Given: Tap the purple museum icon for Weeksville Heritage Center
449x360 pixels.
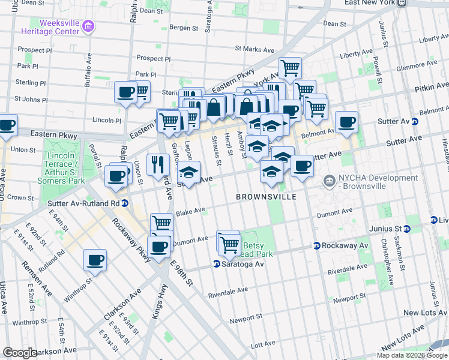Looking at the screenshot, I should tap(88, 26).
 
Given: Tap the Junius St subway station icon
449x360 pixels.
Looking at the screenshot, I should tap(407, 229).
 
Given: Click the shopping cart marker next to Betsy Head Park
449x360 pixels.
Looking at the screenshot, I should tap(229, 244).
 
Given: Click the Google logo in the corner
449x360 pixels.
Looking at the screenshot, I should tap(20, 353).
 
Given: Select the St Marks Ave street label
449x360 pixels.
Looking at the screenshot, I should tap(254, 49).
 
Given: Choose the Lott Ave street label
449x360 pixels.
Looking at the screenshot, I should tap(262, 345).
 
